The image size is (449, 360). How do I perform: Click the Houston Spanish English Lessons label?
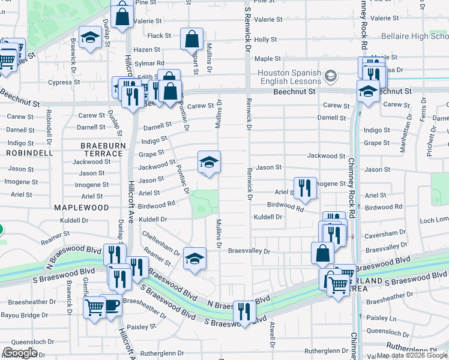(x=287, y=77)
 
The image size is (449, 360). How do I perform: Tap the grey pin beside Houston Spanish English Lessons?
(x=331, y=77)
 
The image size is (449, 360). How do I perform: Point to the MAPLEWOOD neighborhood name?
(x=81, y=208)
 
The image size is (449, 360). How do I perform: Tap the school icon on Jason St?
(x=209, y=163)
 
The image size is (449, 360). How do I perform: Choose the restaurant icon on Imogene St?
(x=305, y=188)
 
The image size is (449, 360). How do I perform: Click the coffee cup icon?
(x=112, y=306)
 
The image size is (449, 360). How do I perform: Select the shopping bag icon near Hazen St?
(x=191, y=40)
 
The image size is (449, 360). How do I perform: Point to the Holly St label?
(x=265, y=40)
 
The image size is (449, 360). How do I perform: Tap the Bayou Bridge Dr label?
(x=25, y=315)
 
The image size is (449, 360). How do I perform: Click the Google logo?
(x=20, y=353)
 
